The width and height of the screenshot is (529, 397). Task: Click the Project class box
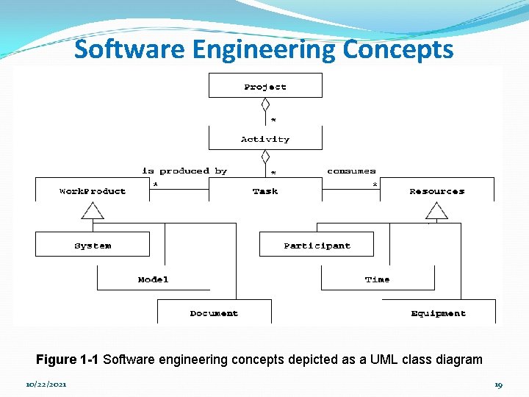click(265, 86)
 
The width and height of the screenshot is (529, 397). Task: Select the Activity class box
click(265, 138)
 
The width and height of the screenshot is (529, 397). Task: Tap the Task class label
click(265, 191)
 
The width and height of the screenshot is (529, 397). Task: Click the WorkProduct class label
click(93, 191)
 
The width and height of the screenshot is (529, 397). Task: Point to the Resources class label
click(437, 191)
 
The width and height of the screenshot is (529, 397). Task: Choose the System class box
click(93, 244)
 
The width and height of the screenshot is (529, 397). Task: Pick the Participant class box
click(317, 244)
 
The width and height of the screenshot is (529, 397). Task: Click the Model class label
click(153, 279)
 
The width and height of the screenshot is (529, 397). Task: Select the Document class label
click(214, 313)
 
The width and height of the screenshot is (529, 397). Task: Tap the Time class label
click(378, 279)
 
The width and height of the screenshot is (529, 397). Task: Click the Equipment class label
click(439, 313)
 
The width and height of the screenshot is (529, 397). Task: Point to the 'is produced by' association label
click(184, 171)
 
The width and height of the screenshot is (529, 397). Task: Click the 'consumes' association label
click(351, 171)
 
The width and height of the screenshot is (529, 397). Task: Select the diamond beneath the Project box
click(265, 104)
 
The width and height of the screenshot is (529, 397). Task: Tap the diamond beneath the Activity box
click(265, 157)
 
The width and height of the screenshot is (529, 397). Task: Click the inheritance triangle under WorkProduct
click(93, 211)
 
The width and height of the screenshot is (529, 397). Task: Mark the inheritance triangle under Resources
click(437, 211)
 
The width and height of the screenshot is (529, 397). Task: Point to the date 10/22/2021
click(46, 385)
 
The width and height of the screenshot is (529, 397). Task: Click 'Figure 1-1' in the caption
click(68, 360)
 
